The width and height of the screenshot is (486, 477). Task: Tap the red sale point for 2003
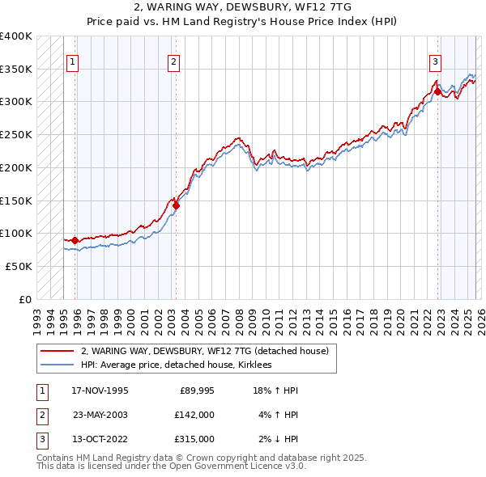[x=176, y=205]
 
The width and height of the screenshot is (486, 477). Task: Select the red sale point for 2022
[x=438, y=91]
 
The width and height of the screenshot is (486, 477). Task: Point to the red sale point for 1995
[x=75, y=240]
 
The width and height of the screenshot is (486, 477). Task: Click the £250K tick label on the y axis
[x=15, y=134]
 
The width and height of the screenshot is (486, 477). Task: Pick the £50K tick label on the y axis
[x=19, y=266]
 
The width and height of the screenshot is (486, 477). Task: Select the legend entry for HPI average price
[x=176, y=365]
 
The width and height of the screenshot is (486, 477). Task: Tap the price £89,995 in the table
[x=194, y=390]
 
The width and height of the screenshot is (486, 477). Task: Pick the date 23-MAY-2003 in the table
[x=100, y=415]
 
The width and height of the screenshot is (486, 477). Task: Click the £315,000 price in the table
[x=194, y=439]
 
